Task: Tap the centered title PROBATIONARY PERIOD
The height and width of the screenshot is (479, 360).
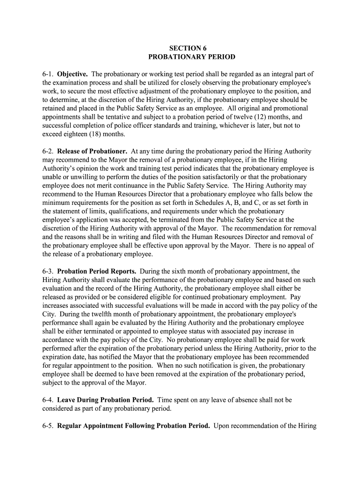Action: tap(192, 57)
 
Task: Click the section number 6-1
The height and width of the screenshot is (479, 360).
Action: tap(48, 74)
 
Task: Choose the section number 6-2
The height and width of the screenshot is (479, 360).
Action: tap(48, 152)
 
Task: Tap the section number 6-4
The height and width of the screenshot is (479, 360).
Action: tap(48, 400)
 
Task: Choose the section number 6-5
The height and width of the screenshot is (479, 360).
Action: tap(48, 426)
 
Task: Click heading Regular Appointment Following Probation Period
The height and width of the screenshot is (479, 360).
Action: tap(133, 426)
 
